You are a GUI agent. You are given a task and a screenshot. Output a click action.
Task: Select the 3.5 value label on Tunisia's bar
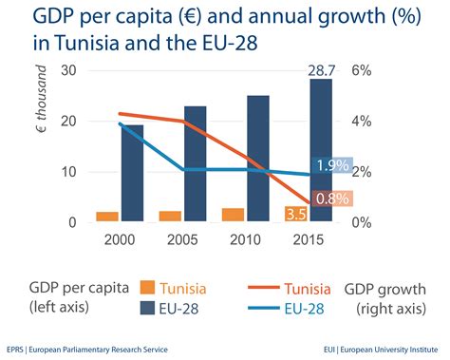pos(295,214)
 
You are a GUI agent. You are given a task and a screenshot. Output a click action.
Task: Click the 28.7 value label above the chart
pos(321,71)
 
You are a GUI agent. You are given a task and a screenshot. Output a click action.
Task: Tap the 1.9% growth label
pos(332,166)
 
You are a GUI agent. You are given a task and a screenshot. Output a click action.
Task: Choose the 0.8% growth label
pos(332,199)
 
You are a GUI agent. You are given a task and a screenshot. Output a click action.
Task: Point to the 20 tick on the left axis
pos(67,122)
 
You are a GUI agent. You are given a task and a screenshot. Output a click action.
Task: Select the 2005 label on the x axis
pos(183,241)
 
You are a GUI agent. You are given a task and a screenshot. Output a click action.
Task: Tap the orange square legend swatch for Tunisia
pos(146,288)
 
